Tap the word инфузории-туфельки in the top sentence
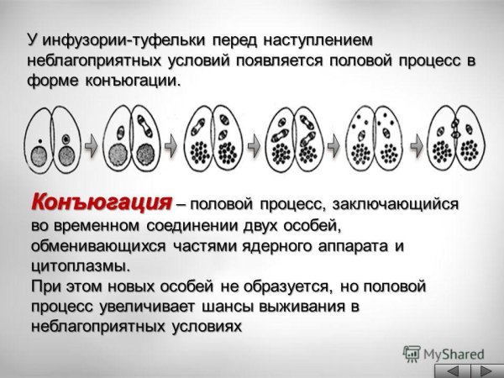(x=113, y=40)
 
